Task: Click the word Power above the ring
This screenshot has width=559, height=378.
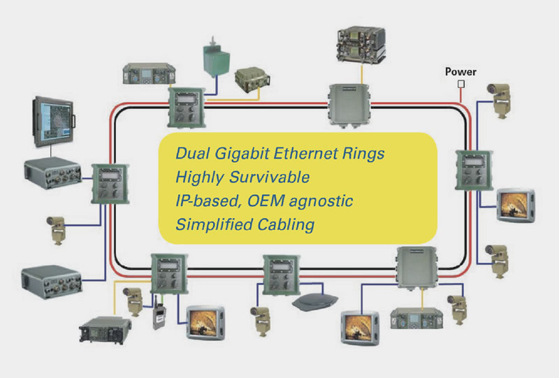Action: click(460, 72)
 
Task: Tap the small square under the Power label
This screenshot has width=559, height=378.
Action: click(461, 84)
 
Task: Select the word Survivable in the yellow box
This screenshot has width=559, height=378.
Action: click(269, 177)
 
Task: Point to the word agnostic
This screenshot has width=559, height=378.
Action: click(321, 201)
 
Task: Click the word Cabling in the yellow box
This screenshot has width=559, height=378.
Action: click(286, 225)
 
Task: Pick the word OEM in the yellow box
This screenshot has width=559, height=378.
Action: click(266, 201)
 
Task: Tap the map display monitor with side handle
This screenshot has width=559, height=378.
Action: click(54, 122)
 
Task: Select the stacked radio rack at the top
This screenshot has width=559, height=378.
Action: click(361, 45)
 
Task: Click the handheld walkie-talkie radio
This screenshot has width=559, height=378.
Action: click(159, 312)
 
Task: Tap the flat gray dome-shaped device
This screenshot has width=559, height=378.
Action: click(315, 302)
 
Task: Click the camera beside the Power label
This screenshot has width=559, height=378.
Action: click(499, 100)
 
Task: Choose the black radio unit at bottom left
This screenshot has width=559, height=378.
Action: click(106, 330)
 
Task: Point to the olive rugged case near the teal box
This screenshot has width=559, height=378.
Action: click(252, 80)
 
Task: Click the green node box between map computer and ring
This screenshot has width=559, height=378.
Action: click(110, 184)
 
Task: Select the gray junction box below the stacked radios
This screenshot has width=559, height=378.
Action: click(349, 106)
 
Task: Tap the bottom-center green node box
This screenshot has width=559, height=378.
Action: click(282, 275)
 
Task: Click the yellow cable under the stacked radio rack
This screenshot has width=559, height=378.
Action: click(362, 74)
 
